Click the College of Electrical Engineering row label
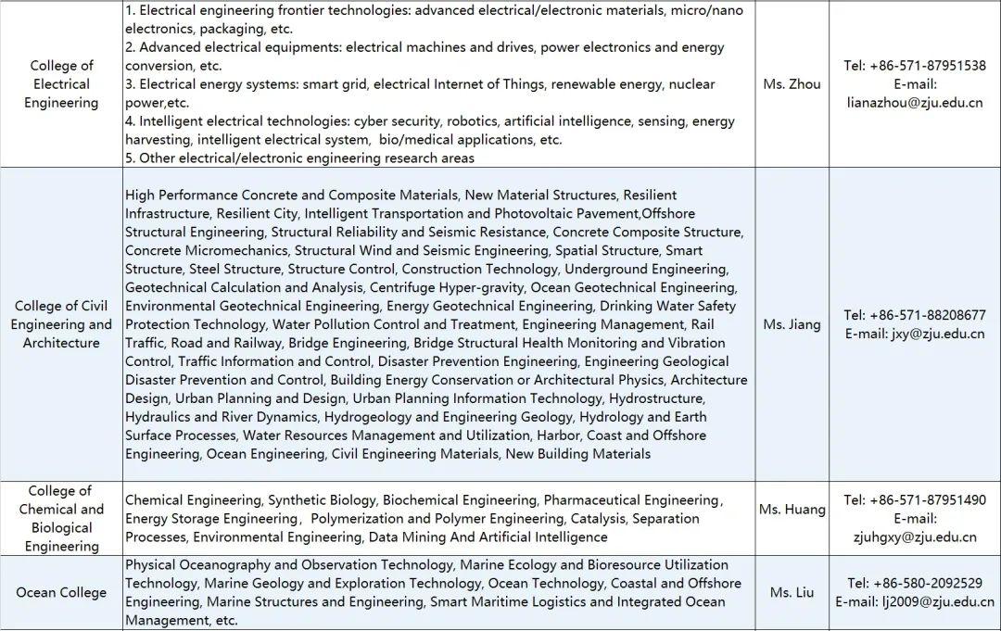click(61, 84)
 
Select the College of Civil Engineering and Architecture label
click(61, 324)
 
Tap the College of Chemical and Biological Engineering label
click(61, 519)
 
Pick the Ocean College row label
click(61, 593)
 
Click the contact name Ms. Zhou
click(792, 84)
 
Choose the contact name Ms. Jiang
click(792, 324)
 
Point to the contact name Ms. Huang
click(792, 510)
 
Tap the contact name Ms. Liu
click(792, 593)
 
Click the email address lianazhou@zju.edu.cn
click(915, 103)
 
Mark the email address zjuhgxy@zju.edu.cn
click(915, 537)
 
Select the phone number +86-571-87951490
click(927, 500)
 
